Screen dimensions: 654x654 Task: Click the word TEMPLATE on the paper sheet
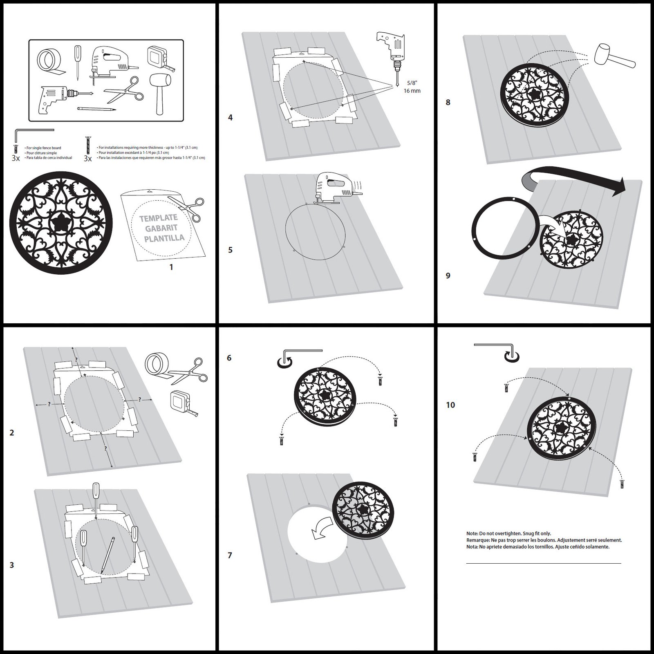tap(158, 219)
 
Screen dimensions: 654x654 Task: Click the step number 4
tap(231, 118)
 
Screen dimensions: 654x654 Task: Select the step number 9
tap(448, 275)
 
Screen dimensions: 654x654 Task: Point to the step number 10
tap(450, 405)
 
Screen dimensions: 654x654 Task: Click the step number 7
tap(230, 555)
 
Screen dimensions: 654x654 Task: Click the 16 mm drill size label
tap(412, 91)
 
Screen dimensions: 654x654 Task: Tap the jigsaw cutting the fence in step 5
tap(335, 188)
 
